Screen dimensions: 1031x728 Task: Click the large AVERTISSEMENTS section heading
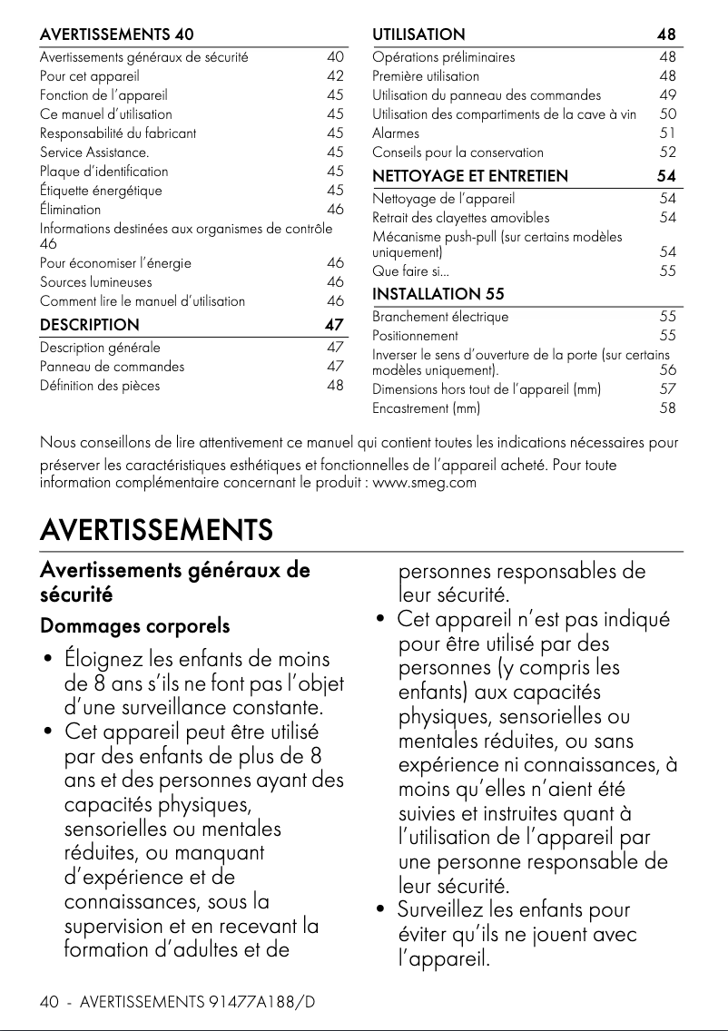[156, 529]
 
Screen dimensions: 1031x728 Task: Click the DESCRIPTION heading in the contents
[90, 325]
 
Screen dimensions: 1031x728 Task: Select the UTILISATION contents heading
[418, 34]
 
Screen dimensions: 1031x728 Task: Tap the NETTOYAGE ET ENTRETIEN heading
[470, 175]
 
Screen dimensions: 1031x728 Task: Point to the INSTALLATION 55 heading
[438, 294]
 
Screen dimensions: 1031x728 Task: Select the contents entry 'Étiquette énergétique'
[101, 190]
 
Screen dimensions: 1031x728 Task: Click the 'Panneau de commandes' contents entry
[112, 367]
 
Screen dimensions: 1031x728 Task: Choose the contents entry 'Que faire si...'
[410, 270]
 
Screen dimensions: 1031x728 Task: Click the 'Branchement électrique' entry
[440, 317]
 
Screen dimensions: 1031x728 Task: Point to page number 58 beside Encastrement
[668, 408]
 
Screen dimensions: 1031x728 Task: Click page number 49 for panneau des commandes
[668, 94]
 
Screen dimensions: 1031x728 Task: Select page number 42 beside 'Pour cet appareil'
[335, 75]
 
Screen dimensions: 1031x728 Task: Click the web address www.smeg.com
[425, 482]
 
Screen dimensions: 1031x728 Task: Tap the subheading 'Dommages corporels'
[134, 626]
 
